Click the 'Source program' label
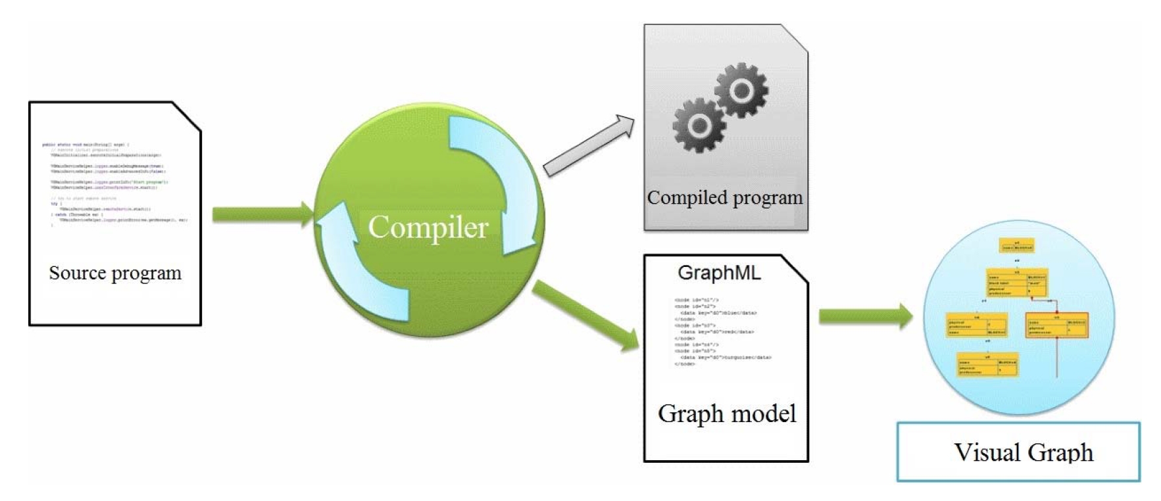coord(115,273)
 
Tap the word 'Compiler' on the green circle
coord(428,227)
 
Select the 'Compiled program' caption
coord(724,197)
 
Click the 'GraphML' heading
coord(719,273)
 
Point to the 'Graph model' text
coord(727,414)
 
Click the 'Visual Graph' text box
coord(1018,452)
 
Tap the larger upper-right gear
coord(741,89)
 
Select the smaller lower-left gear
coord(699,124)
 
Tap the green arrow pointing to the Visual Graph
coord(865,316)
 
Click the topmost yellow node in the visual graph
coord(1017,246)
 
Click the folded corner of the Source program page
coord(188,114)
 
